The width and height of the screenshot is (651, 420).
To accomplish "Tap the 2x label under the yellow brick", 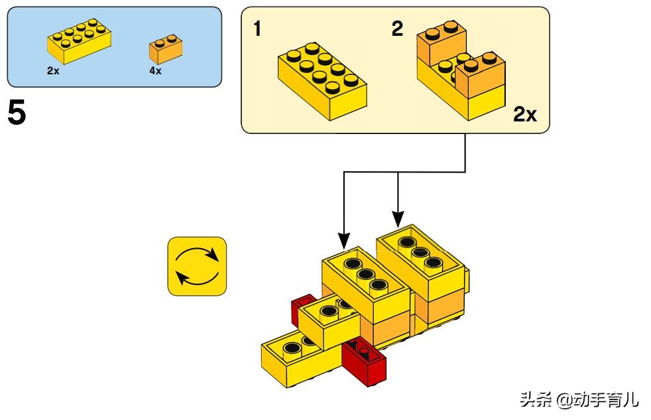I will coord(53,70).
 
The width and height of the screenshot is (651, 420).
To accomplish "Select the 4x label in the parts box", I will coord(154,70).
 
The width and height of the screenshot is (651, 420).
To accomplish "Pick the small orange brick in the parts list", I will coord(166,48).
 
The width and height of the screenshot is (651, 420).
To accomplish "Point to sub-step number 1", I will coord(257,29).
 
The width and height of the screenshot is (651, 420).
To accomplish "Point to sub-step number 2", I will coord(397,29).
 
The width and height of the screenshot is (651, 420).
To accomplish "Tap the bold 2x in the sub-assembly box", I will coord(524,115).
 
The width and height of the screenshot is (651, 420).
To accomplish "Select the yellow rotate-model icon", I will coord(197,266).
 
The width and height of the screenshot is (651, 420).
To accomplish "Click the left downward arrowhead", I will coord(343,238).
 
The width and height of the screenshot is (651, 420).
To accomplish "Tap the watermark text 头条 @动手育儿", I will coord(579,400).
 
